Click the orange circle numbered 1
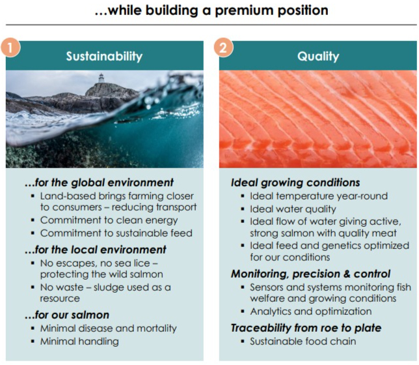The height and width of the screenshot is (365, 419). click(x=10, y=48)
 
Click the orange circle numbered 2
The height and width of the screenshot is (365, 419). click(x=223, y=48)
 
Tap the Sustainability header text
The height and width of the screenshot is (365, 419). click(x=104, y=56)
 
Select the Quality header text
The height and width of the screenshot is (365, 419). click(x=318, y=56)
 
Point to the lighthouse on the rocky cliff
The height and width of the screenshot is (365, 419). click(x=101, y=78)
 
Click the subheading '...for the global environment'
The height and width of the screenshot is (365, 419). click(x=99, y=182)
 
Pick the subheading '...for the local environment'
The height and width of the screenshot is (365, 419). click(x=96, y=250)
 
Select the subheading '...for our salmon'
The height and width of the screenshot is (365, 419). click(x=67, y=315)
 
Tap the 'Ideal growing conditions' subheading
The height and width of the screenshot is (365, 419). click(x=295, y=182)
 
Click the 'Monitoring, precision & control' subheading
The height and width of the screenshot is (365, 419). click(x=310, y=274)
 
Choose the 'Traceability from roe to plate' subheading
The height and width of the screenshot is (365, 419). click(x=306, y=328)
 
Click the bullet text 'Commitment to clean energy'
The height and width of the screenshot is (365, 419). click(x=109, y=220)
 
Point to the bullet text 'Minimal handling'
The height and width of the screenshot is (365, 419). click(x=79, y=342)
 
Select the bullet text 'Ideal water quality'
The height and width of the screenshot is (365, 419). click(x=293, y=209)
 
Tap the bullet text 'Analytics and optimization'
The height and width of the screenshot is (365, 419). click(x=311, y=312)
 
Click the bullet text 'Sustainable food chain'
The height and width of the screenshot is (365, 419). click(x=303, y=342)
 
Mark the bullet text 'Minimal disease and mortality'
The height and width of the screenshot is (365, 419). click(x=109, y=328)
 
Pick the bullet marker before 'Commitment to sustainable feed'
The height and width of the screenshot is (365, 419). click(x=33, y=233)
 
